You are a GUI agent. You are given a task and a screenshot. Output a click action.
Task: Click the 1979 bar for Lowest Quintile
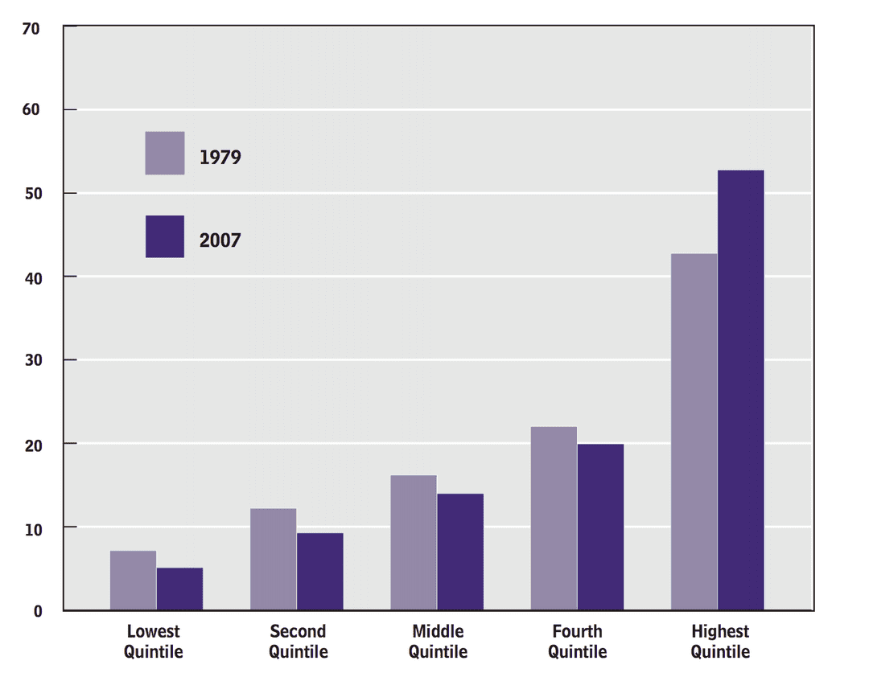tap(133, 581)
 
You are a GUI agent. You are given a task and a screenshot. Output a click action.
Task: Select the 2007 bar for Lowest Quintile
tap(179, 589)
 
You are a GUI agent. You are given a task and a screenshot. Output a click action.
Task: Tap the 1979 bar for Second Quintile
tap(273, 560)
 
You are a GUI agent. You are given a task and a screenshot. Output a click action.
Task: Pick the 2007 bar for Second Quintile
tap(319, 572)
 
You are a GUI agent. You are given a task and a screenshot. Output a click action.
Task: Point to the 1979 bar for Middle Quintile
tap(414, 543)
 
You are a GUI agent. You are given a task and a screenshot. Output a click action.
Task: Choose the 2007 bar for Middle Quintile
tap(460, 552)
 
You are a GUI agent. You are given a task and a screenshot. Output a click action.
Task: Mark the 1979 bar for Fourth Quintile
tap(554, 519)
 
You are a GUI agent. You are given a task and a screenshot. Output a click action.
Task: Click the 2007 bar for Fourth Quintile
tap(600, 527)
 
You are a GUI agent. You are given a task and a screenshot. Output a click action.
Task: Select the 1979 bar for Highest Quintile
tap(694, 432)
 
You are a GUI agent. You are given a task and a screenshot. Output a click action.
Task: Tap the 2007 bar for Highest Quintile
tap(741, 390)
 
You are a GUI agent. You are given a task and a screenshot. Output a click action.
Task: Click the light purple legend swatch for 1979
tap(165, 153)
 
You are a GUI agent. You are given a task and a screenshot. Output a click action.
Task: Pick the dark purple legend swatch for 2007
tap(165, 236)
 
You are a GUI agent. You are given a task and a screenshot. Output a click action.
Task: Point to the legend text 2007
tap(220, 240)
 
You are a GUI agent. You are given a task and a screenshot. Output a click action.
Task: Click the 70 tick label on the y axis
tap(32, 29)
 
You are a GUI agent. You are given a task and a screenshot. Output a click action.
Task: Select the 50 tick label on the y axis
tap(32, 193)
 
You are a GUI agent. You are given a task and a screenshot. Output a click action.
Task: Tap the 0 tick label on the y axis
tap(38, 611)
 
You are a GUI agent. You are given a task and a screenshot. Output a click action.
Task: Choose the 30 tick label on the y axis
tap(32, 360)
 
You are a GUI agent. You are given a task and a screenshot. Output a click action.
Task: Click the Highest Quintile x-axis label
tap(720, 642)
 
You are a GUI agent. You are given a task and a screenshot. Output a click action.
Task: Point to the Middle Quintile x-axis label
tap(438, 642)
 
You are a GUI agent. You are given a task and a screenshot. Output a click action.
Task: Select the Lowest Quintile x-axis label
tap(154, 642)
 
